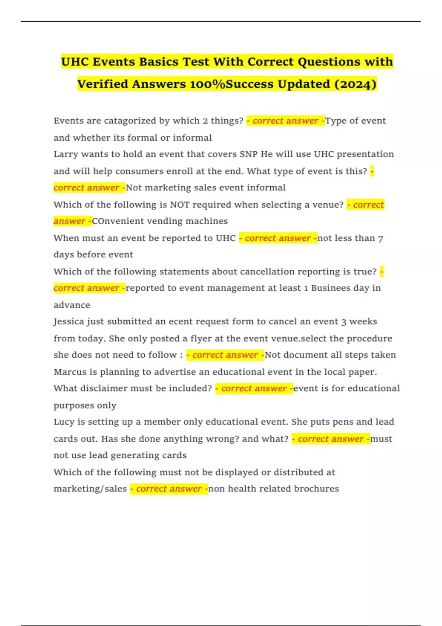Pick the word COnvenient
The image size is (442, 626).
pyautogui.click(x=114, y=221)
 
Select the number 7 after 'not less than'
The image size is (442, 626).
pyautogui.click(x=380, y=239)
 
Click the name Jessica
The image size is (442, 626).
pyautogui.click(x=69, y=321)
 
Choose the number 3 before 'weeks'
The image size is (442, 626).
pyautogui.click(x=344, y=322)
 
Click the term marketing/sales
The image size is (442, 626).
pyautogui.click(x=90, y=489)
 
